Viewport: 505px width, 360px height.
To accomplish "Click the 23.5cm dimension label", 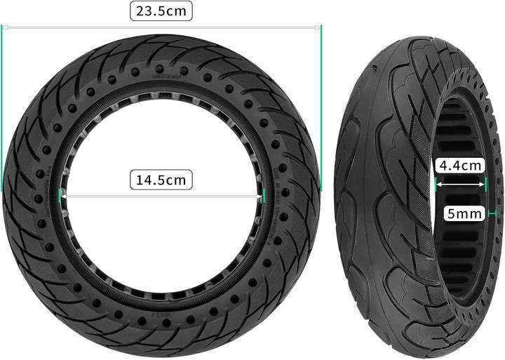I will click(161, 11).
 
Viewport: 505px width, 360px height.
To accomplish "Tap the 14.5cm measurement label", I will click(161, 180).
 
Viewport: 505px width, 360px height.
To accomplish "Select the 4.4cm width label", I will click(459, 166).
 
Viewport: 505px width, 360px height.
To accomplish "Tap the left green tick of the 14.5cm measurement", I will click(61, 197).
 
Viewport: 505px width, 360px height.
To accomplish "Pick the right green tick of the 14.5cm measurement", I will click(267, 197).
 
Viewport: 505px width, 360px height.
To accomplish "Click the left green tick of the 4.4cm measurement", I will click(436, 185).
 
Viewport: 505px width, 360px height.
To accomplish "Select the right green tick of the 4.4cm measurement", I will click(485, 185).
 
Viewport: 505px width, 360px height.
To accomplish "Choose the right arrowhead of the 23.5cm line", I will click(318, 27).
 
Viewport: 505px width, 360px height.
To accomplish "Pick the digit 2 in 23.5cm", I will click(141, 11).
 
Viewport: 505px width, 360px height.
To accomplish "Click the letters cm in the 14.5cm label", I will click(177, 180).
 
